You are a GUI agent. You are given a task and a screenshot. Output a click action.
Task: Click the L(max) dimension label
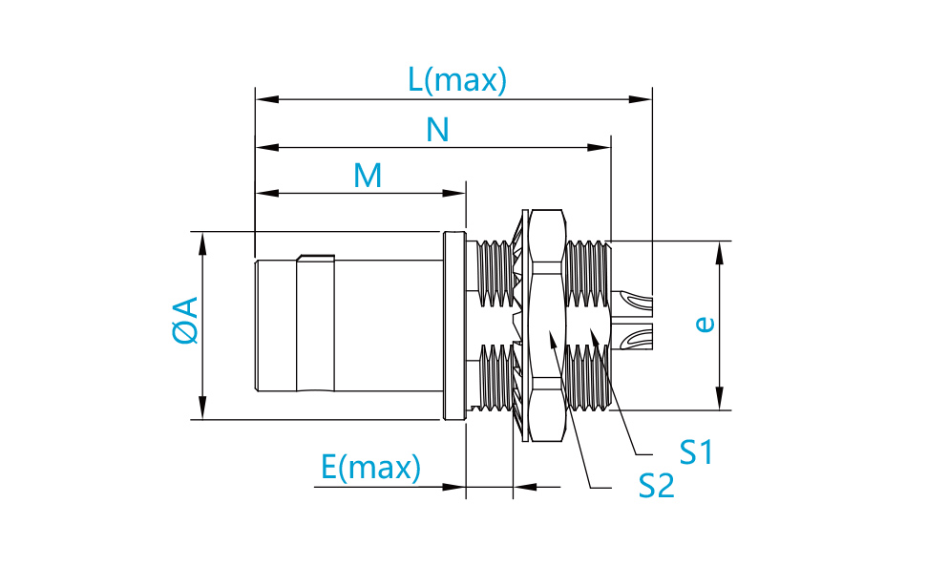457,80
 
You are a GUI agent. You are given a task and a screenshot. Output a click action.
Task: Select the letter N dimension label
437,130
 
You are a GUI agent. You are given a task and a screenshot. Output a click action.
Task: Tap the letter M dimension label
368,176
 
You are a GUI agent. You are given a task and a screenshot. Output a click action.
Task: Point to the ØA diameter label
185,321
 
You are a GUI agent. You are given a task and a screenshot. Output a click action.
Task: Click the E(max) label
370,468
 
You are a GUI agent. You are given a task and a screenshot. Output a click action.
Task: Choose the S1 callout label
696,452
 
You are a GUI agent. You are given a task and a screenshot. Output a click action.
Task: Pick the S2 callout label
656,486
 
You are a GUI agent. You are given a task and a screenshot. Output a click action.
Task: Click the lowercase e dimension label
705,325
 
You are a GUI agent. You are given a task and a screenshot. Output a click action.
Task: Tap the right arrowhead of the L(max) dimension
641,99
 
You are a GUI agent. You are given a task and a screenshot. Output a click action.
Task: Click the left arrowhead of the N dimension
267,148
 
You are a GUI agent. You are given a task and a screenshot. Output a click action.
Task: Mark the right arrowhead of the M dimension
454,194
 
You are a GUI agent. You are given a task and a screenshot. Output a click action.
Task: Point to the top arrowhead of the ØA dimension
202,243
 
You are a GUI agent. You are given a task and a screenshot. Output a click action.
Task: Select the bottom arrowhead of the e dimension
720,398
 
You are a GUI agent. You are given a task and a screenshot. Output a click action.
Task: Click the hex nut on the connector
546,325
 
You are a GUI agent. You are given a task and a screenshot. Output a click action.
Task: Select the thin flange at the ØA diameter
454,325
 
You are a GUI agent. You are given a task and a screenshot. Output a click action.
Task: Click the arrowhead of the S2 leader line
552,339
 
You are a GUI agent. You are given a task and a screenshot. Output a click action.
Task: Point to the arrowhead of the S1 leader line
595,337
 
